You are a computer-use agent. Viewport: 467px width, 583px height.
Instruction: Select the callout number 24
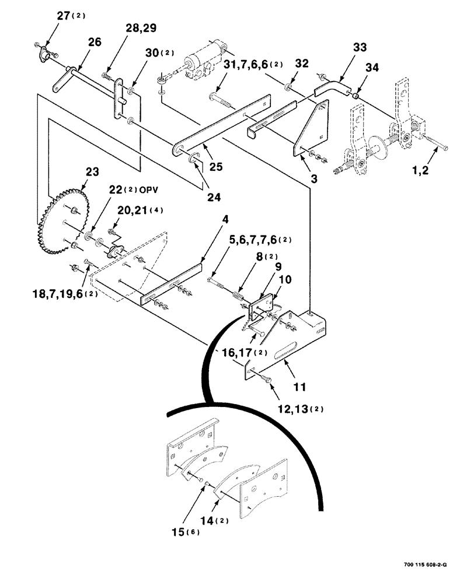(214, 197)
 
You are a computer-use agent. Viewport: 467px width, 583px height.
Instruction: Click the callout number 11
(299, 386)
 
